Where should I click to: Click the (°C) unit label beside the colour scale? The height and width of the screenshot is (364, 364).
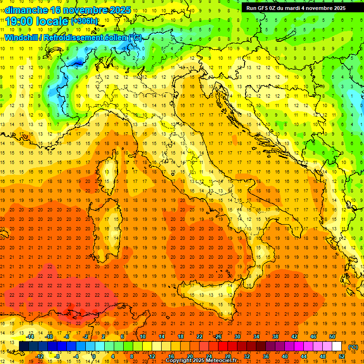coord(353,347)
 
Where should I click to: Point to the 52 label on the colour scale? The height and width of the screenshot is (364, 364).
coord(341,356)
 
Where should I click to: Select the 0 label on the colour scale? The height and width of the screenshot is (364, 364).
coord(94,356)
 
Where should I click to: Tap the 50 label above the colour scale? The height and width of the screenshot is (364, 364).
coord(332,337)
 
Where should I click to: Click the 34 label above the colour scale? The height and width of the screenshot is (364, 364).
coord(256,337)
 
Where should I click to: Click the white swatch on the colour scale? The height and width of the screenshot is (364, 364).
coord(337,346)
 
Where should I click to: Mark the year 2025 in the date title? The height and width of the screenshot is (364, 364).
coord(113,9)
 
